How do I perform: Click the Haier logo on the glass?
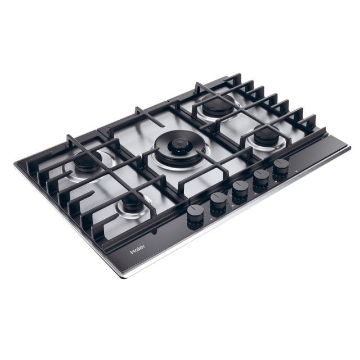click(x=137, y=249)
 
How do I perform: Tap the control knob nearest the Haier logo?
click(x=195, y=217)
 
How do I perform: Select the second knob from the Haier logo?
click(x=218, y=204)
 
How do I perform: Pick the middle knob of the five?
click(x=240, y=192)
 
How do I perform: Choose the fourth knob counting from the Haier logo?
click(x=261, y=181)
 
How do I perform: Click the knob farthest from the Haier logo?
click(x=281, y=170)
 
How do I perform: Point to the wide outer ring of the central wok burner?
click(x=179, y=149)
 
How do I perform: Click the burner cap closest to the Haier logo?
click(x=132, y=202)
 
